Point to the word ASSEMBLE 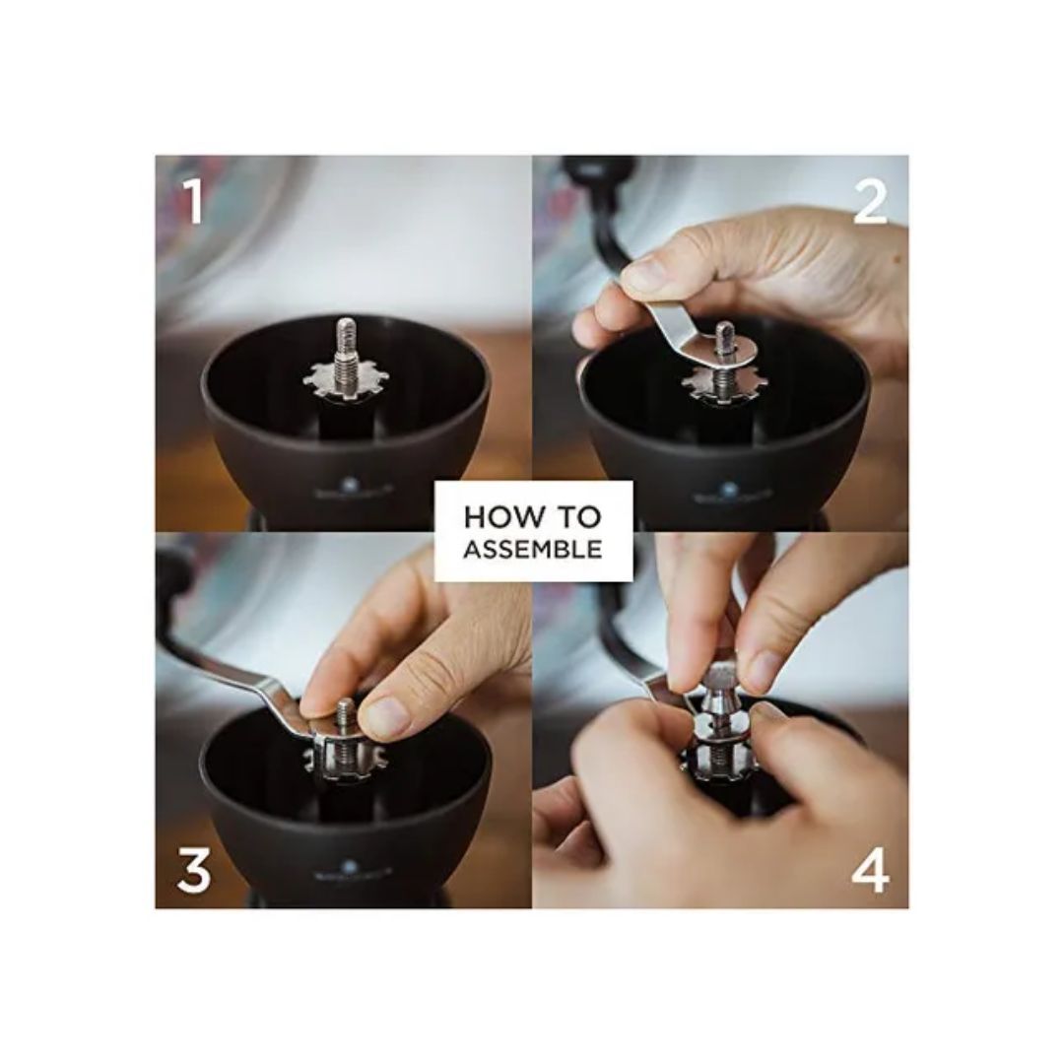click(x=532, y=550)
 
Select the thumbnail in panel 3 click(x=387, y=717)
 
